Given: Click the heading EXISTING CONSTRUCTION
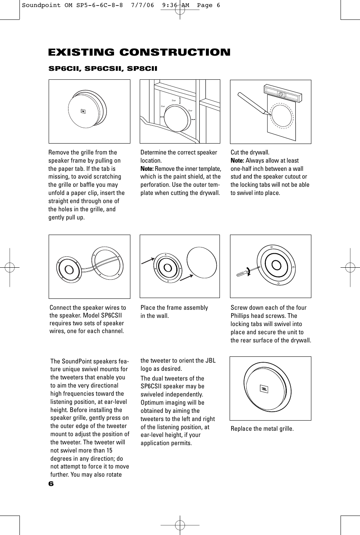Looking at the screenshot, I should [x=139, y=53].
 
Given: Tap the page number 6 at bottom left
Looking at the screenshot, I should [x=51, y=484].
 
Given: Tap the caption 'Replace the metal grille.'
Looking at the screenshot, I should [x=262, y=429].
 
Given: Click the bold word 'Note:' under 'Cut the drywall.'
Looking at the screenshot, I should [x=237, y=161].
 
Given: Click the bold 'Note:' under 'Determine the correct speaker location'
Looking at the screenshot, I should [x=147, y=169].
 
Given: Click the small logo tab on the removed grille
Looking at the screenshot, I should [x=83, y=111].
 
